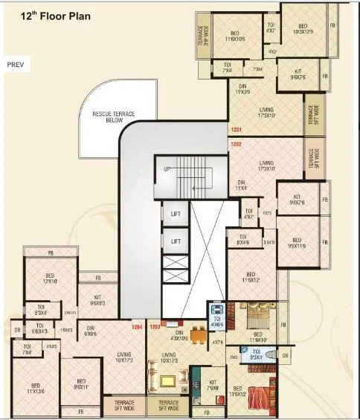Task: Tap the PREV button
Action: [16, 65]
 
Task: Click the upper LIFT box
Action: [176, 213]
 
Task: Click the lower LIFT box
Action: [176, 241]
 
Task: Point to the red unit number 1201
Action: [237, 132]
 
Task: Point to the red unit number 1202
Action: [237, 144]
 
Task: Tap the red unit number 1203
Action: [155, 326]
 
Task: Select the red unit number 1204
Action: [136, 326]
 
